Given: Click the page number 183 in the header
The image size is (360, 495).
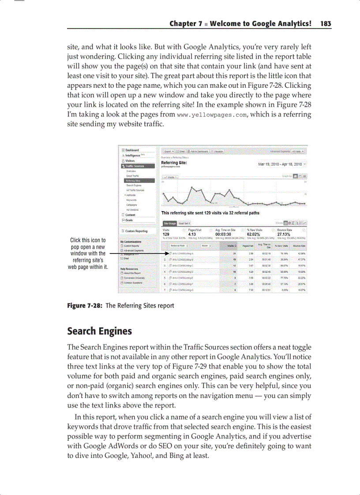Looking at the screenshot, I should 326,24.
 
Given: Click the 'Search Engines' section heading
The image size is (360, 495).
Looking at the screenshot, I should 99,331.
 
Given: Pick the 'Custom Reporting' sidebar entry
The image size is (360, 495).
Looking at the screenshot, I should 136,231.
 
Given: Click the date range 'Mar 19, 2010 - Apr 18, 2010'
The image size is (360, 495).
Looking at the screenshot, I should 280,164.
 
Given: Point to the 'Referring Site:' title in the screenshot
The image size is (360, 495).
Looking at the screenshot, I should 174,163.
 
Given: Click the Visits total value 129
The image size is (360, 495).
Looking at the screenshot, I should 166,234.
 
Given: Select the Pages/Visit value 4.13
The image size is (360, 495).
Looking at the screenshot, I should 192,234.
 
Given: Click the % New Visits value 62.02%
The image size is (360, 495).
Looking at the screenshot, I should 256,234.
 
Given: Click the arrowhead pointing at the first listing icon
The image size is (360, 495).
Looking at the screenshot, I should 168,254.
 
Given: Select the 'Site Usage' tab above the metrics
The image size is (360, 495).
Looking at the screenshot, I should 169,223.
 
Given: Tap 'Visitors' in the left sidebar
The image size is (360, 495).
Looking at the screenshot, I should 130,161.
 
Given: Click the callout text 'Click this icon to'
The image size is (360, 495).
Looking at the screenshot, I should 88,240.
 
